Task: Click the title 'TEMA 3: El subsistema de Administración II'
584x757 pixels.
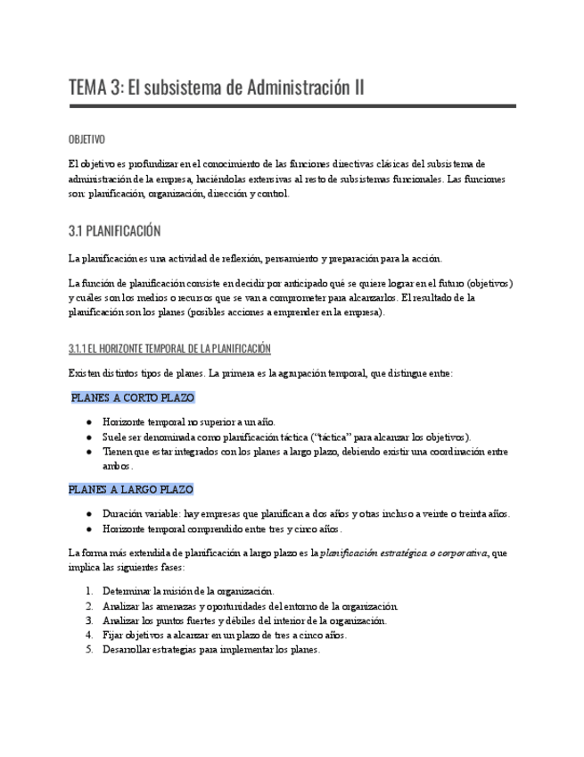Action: (x=216, y=87)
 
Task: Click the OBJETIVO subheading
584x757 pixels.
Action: (x=86, y=140)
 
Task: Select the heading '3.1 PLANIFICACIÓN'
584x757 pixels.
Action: (x=114, y=231)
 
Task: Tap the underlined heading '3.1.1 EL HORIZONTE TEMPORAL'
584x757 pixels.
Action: (x=169, y=348)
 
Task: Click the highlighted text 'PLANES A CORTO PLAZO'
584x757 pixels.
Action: (x=133, y=397)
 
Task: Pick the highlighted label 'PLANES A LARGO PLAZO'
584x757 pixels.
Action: (x=131, y=489)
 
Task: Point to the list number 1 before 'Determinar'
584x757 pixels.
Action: (x=89, y=591)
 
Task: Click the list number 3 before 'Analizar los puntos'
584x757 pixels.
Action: (x=89, y=620)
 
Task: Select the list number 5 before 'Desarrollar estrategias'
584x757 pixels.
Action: (x=89, y=650)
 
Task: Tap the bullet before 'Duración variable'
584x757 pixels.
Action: (x=89, y=514)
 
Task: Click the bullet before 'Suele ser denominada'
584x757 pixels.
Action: (x=89, y=437)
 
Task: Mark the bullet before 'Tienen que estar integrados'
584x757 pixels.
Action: (x=89, y=452)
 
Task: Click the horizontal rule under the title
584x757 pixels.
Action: (x=292, y=106)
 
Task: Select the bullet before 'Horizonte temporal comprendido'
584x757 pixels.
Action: (x=89, y=528)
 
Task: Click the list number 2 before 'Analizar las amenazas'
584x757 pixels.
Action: (x=89, y=606)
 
